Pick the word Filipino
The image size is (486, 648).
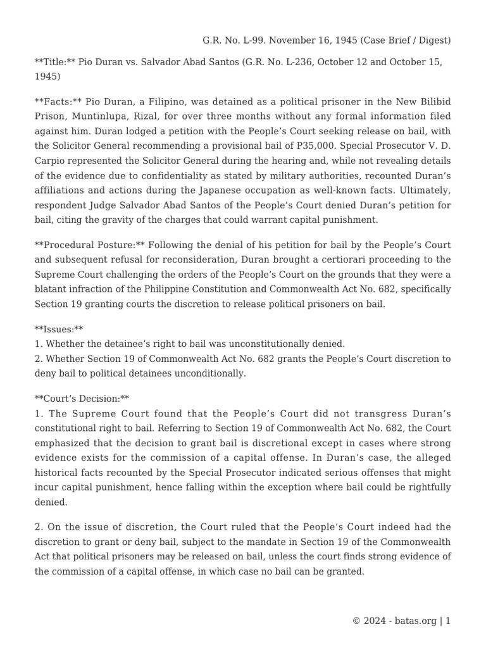pos(157,102)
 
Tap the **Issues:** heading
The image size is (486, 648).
pos(59,329)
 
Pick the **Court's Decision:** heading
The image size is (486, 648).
pos(82,399)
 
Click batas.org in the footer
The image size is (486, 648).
pos(414,621)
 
